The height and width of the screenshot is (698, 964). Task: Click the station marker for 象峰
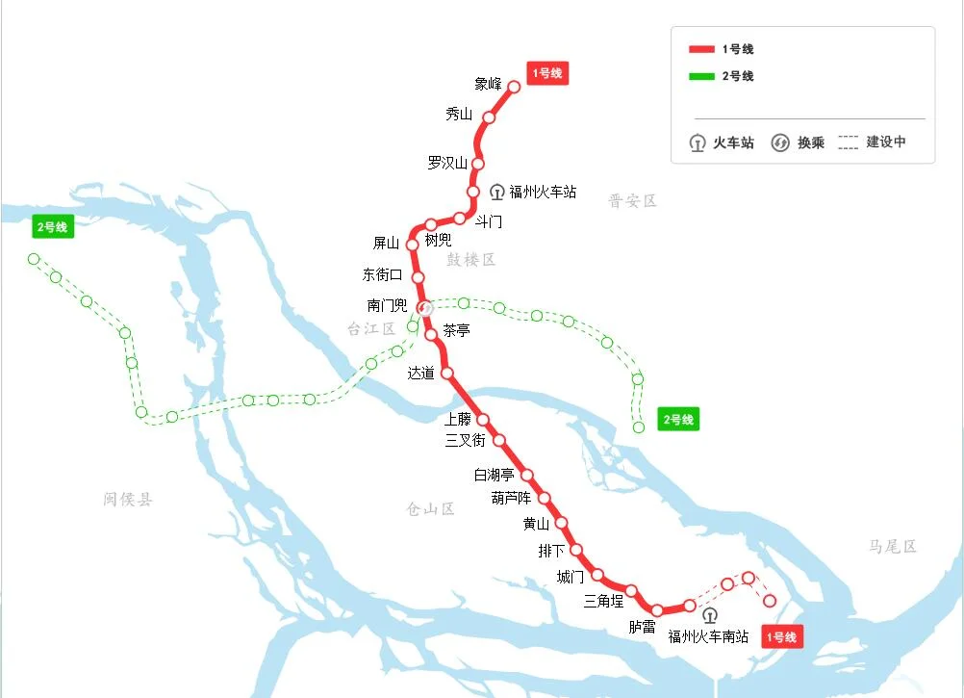(x=514, y=87)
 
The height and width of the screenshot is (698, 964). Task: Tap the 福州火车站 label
(x=543, y=192)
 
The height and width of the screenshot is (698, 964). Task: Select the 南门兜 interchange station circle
(x=424, y=307)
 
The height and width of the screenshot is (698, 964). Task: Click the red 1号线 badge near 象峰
(x=547, y=73)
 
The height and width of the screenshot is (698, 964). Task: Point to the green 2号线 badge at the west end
(x=52, y=227)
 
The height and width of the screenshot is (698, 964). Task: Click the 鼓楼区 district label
(x=470, y=260)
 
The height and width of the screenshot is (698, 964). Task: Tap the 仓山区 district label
(x=430, y=508)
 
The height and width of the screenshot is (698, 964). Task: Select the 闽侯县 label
(x=128, y=499)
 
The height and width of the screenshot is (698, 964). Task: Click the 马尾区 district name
(x=892, y=546)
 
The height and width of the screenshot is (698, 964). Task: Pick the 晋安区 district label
(x=632, y=200)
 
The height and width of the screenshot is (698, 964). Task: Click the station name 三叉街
(x=465, y=441)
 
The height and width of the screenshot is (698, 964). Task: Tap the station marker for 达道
(x=446, y=373)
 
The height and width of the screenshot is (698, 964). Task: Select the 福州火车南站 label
(x=708, y=636)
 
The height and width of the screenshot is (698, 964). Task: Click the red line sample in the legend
(x=701, y=49)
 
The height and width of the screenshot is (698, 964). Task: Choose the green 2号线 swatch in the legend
(x=701, y=76)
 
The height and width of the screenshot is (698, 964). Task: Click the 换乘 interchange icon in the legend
(x=779, y=143)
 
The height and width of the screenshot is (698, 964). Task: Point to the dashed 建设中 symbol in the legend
(x=848, y=142)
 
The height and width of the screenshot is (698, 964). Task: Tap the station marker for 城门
(x=597, y=575)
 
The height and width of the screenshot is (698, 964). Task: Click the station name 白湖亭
(x=494, y=475)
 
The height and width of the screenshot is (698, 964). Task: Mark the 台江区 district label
(x=371, y=329)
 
